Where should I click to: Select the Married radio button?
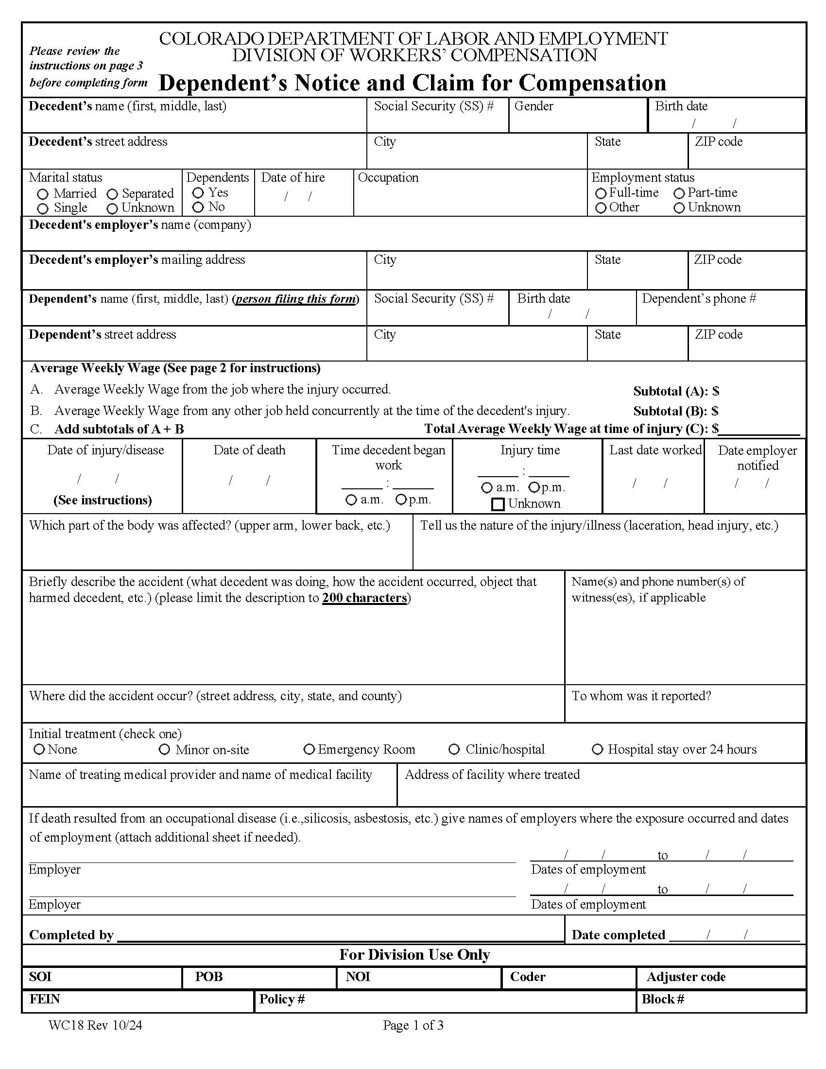click(x=43, y=194)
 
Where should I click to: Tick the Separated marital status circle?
click(x=112, y=194)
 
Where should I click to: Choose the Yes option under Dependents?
click(x=198, y=193)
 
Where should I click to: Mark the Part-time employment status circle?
click(x=679, y=193)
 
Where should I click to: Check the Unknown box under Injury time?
click(x=498, y=504)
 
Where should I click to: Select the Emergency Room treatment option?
click(x=309, y=749)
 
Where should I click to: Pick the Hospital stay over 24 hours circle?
click(x=598, y=749)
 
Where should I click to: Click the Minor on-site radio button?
click(x=164, y=749)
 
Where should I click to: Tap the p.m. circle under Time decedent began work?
click(x=401, y=500)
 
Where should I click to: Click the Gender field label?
click(x=533, y=106)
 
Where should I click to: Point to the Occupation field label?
click(x=388, y=177)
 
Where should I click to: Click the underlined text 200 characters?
click(x=364, y=598)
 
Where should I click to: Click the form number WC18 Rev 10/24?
click(x=95, y=1025)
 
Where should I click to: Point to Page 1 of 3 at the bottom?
click(x=413, y=1025)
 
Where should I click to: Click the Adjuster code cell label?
click(x=686, y=977)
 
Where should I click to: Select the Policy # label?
click(x=282, y=999)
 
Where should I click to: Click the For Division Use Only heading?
click(x=414, y=954)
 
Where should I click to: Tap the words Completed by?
click(x=71, y=935)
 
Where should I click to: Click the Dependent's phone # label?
click(x=698, y=298)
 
